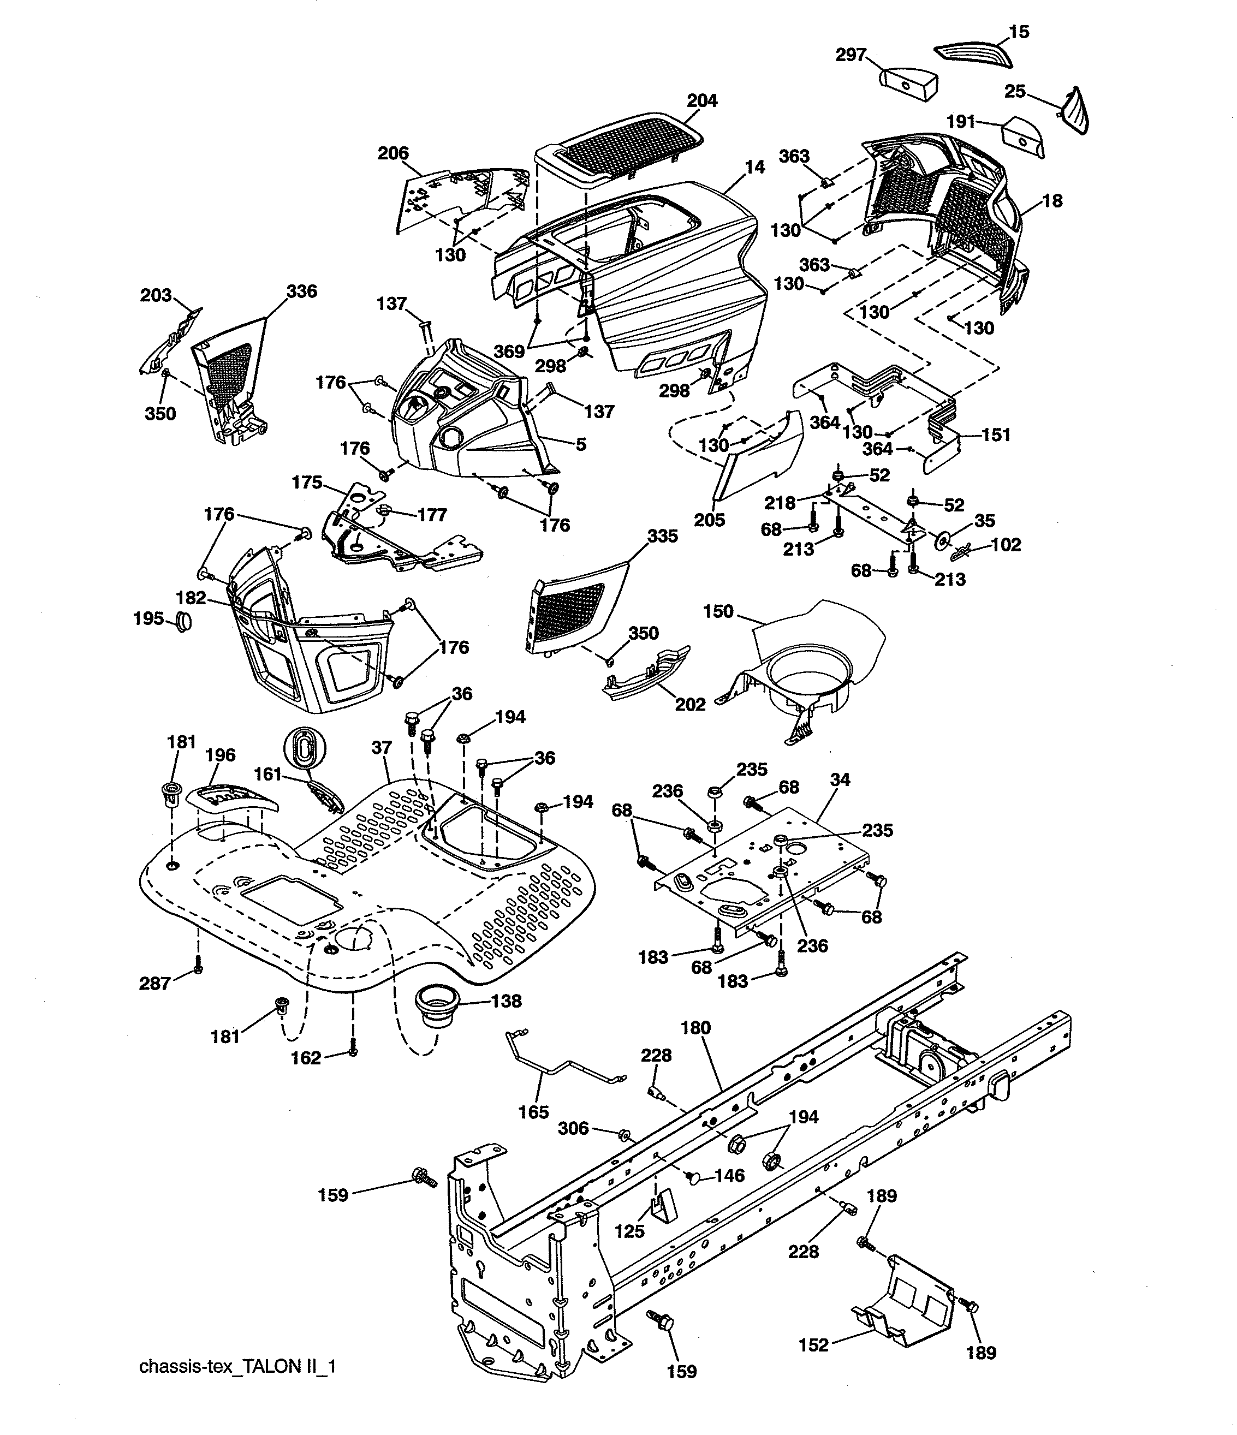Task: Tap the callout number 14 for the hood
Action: click(x=754, y=167)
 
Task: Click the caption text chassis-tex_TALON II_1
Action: click(x=237, y=1366)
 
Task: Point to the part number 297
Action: click(x=851, y=55)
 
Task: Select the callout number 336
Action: click(x=301, y=291)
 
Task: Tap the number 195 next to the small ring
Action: click(x=149, y=618)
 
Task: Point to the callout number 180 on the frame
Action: click(x=695, y=1028)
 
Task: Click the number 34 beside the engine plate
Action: click(x=840, y=780)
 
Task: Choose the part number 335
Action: click(x=662, y=536)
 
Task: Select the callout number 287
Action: click(x=154, y=984)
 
